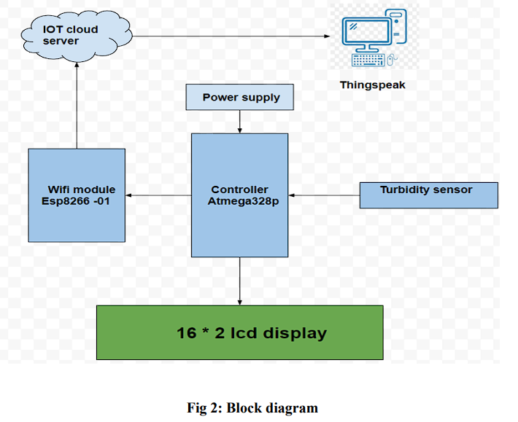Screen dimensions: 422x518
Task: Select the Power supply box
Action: tap(241, 97)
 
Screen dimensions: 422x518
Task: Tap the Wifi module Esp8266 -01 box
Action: tap(77, 195)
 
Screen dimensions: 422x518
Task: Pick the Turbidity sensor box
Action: tap(428, 195)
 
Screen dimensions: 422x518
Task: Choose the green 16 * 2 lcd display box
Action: tap(240, 332)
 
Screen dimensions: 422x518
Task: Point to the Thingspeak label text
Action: tap(372, 85)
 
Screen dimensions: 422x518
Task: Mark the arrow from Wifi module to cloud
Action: tap(76, 106)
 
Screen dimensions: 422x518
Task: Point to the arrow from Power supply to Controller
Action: tap(240, 122)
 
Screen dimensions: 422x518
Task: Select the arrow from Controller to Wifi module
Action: tap(158, 195)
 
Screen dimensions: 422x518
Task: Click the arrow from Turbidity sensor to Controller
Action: tap(324, 195)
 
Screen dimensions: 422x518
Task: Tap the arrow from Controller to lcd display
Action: tap(240, 281)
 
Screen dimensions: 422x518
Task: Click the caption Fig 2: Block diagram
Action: tap(252, 407)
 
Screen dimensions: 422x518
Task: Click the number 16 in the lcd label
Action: tap(187, 333)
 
